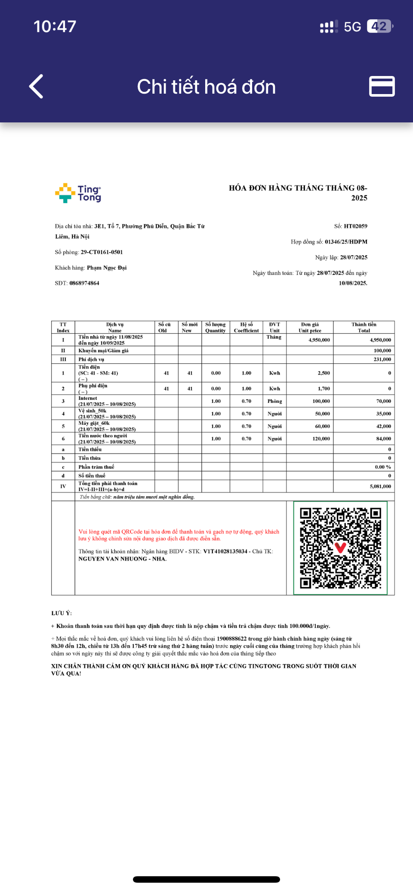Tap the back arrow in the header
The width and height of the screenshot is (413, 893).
(37, 86)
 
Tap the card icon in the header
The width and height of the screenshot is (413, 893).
(382, 86)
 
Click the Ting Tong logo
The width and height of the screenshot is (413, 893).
(78, 193)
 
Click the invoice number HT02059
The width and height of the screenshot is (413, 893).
(355, 226)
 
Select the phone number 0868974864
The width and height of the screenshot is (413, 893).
(84, 283)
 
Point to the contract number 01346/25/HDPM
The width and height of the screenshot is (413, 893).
(346, 242)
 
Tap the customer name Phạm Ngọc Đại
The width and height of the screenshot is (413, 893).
(107, 268)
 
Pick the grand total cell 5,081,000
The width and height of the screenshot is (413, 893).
(380, 487)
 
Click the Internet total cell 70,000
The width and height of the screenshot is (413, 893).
(383, 401)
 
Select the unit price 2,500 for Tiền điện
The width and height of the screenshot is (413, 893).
(324, 373)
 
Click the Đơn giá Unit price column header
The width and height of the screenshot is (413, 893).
(310, 328)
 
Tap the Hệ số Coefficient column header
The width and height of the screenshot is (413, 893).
(247, 328)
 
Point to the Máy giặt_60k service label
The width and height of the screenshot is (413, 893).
(94, 424)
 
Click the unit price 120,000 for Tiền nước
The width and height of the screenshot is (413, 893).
(321, 439)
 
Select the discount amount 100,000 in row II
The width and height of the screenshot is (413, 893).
(382, 351)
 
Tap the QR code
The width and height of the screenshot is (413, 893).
(340, 548)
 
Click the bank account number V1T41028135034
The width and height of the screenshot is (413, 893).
(225, 552)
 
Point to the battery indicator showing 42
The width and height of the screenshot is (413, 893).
(379, 27)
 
